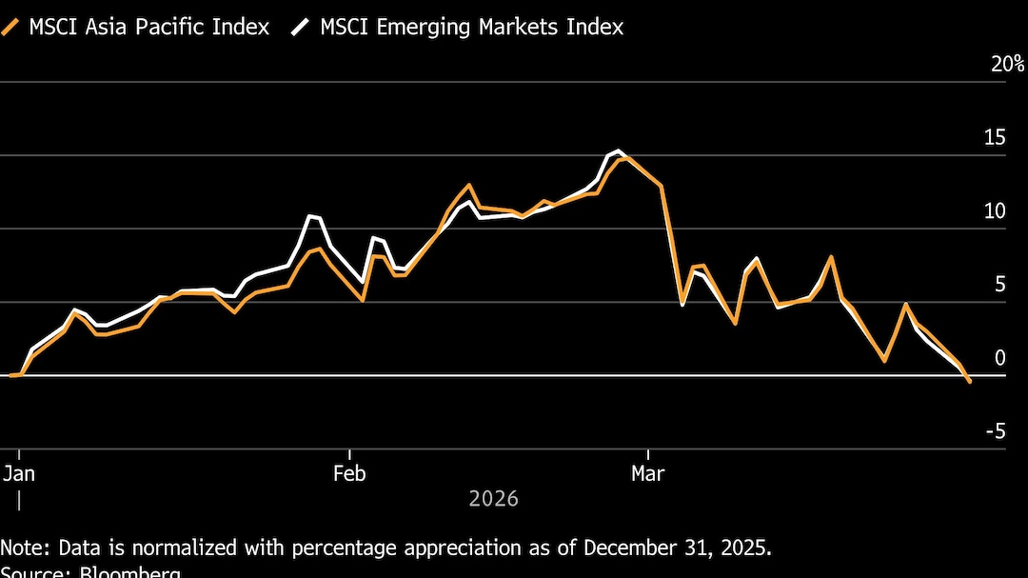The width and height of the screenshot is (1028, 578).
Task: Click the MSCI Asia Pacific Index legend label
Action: [x=148, y=27]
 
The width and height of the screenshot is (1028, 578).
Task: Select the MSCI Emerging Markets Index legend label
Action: [x=471, y=27]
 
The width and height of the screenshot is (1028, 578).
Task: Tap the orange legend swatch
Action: [x=12, y=27]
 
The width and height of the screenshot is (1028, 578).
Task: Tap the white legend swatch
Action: [x=302, y=27]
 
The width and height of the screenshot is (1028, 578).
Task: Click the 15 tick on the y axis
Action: [x=995, y=138]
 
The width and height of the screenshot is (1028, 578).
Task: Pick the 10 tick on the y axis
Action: [x=995, y=211]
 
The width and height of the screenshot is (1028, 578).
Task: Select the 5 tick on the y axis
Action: [x=999, y=285]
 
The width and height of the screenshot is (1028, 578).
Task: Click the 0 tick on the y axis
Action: [x=999, y=358]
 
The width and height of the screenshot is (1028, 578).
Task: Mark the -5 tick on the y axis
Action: [x=995, y=431]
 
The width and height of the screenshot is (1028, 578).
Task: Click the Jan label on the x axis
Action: [x=20, y=473]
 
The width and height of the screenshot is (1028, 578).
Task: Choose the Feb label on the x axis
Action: [x=349, y=473]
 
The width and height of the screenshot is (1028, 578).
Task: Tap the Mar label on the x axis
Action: [x=648, y=473]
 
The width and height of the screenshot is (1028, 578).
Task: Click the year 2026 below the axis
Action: [x=493, y=499]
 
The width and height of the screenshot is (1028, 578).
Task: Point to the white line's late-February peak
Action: [x=619, y=150]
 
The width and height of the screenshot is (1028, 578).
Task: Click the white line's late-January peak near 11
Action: [x=309, y=216]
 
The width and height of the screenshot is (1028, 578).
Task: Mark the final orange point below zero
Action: [x=970, y=382]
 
